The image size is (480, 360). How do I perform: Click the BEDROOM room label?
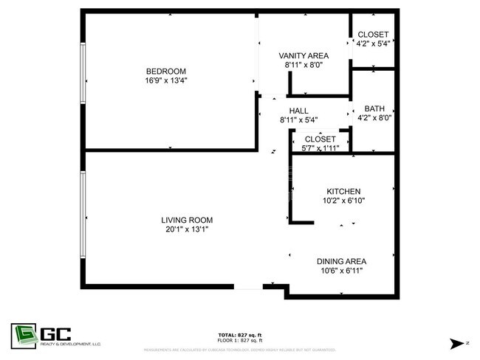tap(166, 71)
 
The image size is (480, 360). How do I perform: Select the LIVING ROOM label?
tap(188, 220)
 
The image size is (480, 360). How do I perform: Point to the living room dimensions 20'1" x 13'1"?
tap(188, 230)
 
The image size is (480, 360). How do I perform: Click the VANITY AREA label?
tap(303, 56)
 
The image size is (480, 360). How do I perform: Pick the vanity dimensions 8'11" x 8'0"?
tap(303, 66)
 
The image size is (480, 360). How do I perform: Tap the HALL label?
tap(278, 111)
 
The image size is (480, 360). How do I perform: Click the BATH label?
tap(374, 108)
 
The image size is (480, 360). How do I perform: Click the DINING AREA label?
tap(342, 261)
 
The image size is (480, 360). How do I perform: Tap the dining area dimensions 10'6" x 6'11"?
tap(342, 271)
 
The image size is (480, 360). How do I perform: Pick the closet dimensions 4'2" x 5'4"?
tap(374, 43)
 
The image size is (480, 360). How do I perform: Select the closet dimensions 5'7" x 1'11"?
tap(320, 148)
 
